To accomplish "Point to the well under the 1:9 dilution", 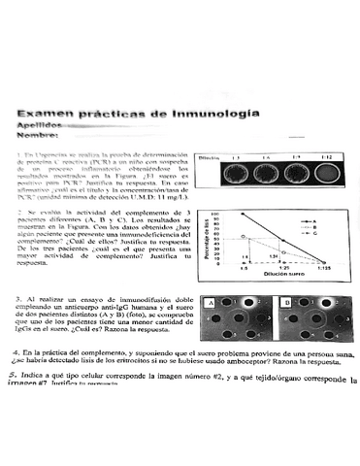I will click(296, 175).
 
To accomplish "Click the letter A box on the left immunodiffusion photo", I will click(210, 303).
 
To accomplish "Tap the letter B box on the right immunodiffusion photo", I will click(285, 303).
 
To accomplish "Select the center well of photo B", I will click(314, 317).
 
